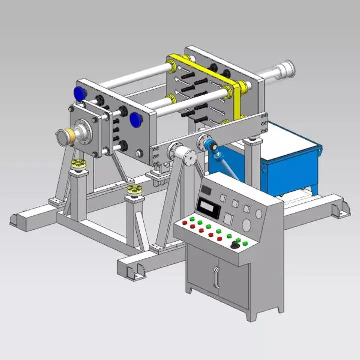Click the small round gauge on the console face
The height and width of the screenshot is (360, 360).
(x=258, y=214)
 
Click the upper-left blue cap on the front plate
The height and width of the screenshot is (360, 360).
(x=79, y=93)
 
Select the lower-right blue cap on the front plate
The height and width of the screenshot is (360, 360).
(x=135, y=119)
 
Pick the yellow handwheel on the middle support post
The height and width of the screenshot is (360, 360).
(x=134, y=189)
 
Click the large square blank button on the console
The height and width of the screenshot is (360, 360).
(x=229, y=218)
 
